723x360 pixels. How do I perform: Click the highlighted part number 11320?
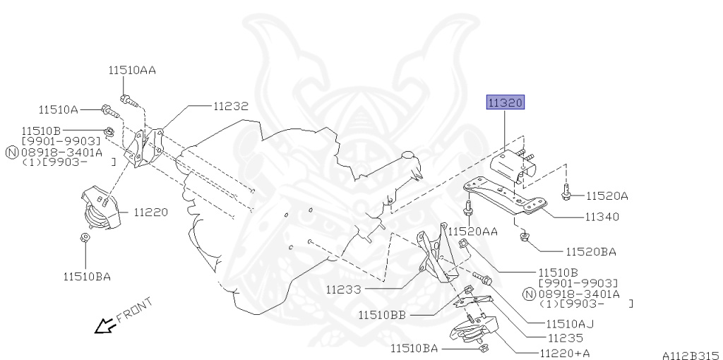point(506,103)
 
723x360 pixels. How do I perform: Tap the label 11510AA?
point(132,70)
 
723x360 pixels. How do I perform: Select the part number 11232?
point(231,107)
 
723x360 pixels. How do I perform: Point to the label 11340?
point(602,217)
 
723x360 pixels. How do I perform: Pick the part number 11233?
point(344,290)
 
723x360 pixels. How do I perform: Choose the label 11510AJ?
point(570,324)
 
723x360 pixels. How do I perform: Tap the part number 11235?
point(566,338)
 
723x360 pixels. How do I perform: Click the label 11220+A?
point(565,353)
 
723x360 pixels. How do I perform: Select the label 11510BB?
point(382,315)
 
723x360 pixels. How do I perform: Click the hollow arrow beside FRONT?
point(105,325)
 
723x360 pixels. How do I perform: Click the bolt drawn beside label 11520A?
point(566,192)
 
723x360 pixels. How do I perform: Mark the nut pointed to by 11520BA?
point(524,237)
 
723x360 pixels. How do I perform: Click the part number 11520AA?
point(472,232)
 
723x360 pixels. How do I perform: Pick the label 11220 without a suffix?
point(151,212)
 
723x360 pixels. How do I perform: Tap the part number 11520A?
point(607,196)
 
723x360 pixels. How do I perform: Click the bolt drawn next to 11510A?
point(109,111)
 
